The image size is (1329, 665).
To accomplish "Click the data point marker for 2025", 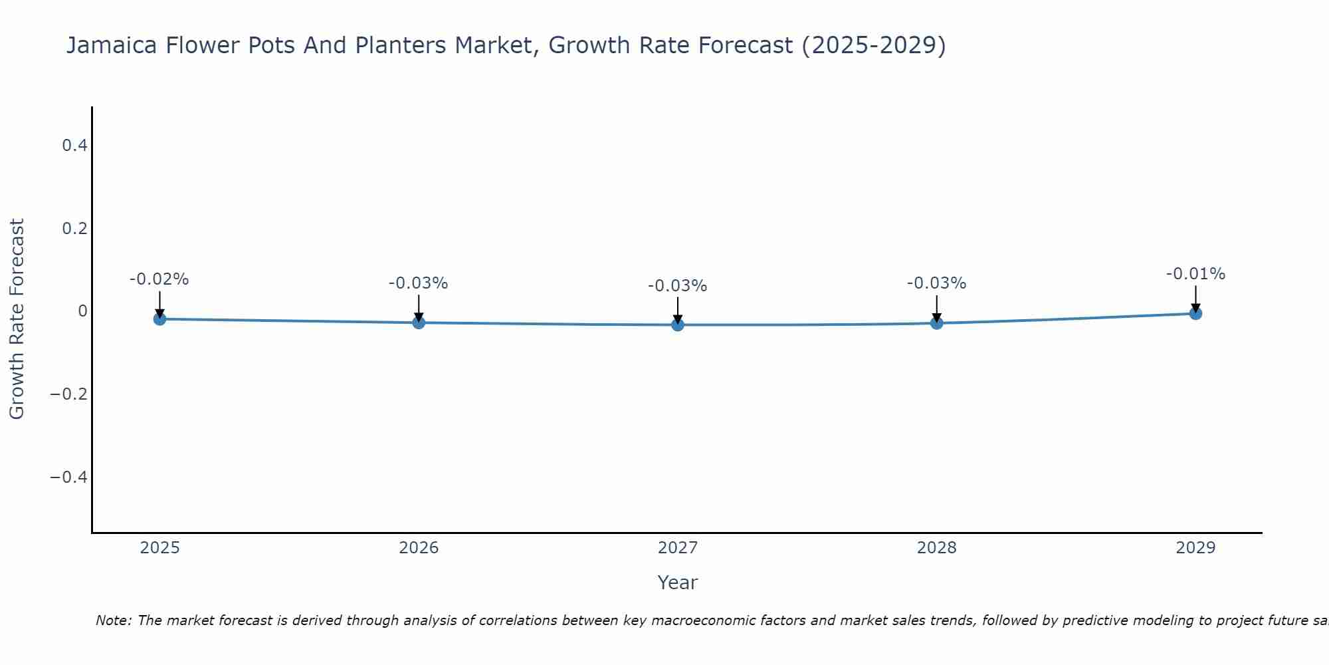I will pos(159,319).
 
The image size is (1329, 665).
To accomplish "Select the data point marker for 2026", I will pos(419,323).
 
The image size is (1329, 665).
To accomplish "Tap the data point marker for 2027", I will pos(678,325).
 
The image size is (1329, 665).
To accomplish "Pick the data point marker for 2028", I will pos(937,323).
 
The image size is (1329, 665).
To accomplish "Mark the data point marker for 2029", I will pos(1195,313).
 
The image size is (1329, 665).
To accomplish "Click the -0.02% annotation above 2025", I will pos(159,279).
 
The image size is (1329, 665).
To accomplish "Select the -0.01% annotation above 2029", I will pos(1195,274).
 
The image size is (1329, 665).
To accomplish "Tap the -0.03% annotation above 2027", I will pos(677,286).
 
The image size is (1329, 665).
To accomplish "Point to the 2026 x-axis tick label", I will pos(419,548).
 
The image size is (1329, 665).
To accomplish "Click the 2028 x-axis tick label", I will pos(937,548).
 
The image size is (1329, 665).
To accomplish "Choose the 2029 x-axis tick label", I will pos(1195,548).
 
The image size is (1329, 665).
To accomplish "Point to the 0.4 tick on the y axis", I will pos(75,145).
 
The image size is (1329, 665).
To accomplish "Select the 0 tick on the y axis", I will pos(82,311).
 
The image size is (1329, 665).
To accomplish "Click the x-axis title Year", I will pos(677,583).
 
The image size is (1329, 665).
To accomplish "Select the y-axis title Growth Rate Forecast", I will pos(17,319).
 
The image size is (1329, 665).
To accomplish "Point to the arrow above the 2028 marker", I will pos(937,307).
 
